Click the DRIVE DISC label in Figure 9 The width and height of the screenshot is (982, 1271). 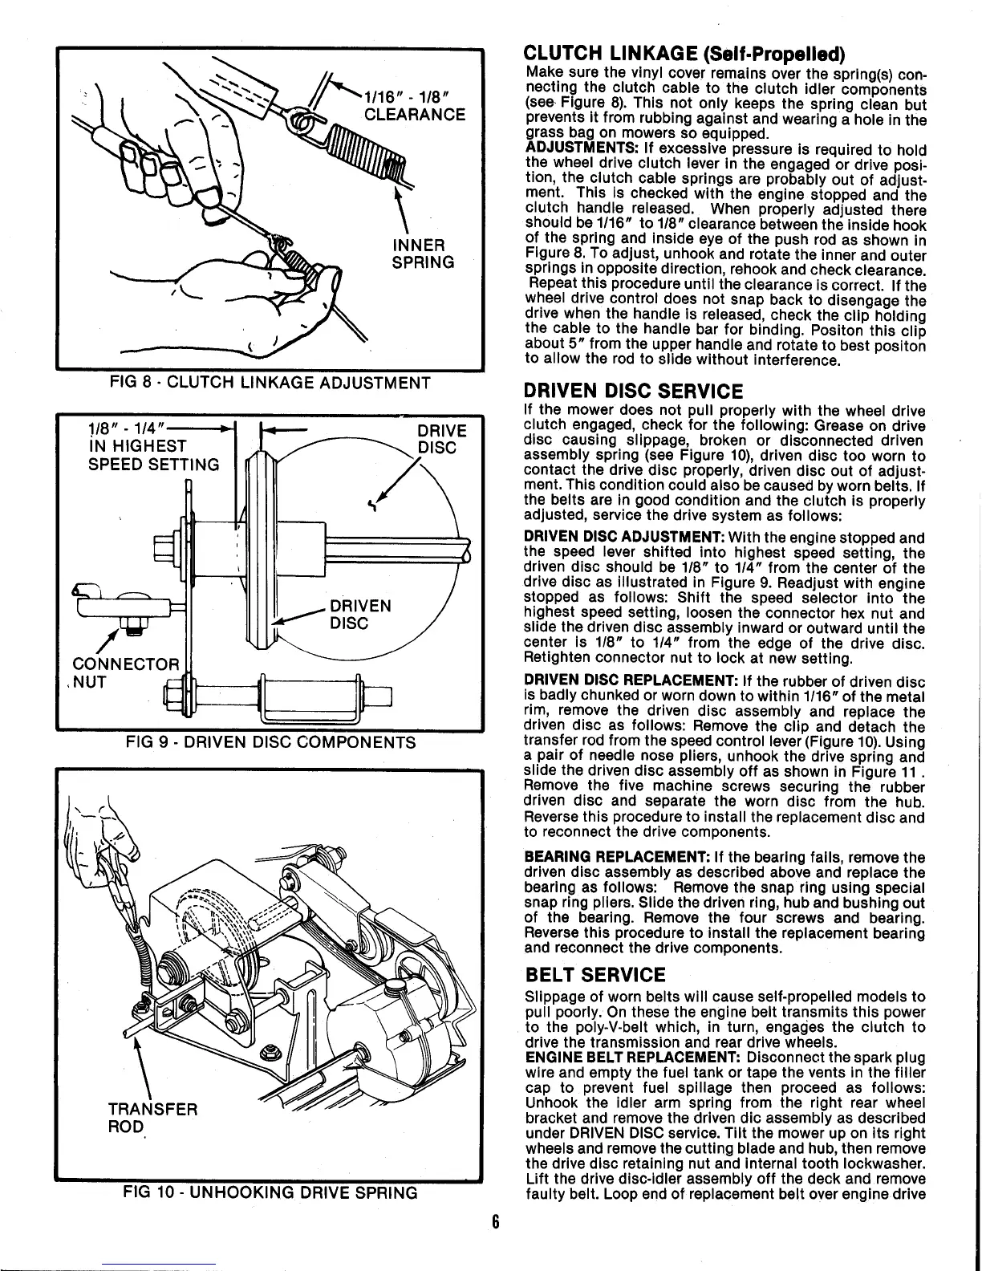tap(442, 439)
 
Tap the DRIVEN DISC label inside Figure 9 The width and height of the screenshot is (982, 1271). tap(361, 614)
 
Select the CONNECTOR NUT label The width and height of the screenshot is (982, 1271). tap(125, 673)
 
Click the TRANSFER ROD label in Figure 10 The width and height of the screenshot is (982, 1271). tap(152, 1118)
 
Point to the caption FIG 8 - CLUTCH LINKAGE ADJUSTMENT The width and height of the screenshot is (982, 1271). tap(270, 383)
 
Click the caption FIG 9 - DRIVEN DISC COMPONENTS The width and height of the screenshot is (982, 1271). tap(270, 742)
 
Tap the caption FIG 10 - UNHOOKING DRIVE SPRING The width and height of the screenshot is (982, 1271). tap(270, 1192)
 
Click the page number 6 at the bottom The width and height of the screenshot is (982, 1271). tap(496, 1245)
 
